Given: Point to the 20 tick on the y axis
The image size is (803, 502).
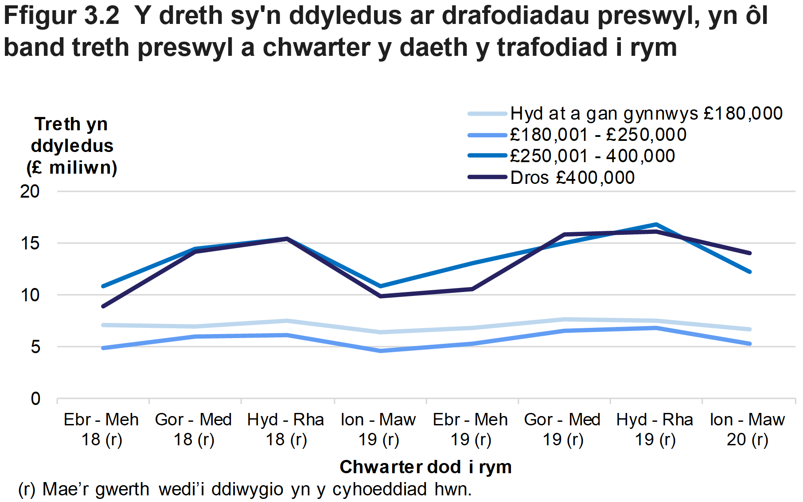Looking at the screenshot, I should click(30, 191).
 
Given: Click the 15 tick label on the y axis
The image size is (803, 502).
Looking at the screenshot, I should click(30, 243).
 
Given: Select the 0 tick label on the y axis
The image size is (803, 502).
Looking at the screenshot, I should click(35, 399).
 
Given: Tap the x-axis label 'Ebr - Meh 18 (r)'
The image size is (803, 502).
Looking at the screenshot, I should click(101, 429).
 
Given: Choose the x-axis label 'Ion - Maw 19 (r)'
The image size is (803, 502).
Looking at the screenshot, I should click(378, 429).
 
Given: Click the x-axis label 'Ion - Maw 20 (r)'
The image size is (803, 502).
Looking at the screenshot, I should click(747, 429).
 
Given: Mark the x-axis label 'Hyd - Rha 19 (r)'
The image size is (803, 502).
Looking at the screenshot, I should click(655, 429).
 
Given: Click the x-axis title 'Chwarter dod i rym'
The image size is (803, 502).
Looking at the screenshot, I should click(425, 467).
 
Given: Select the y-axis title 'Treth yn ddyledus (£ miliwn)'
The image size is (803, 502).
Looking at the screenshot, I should click(72, 146).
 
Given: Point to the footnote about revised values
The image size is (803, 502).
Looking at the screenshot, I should click(245, 490).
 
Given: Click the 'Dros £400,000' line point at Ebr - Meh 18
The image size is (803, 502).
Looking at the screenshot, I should click(103, 306).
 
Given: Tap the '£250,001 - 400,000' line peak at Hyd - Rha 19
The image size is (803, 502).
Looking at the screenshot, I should click(656, 224).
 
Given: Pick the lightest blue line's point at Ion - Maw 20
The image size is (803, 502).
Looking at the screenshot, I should click(749, 329).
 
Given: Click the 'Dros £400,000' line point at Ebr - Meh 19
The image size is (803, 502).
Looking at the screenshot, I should click(472, 289).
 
